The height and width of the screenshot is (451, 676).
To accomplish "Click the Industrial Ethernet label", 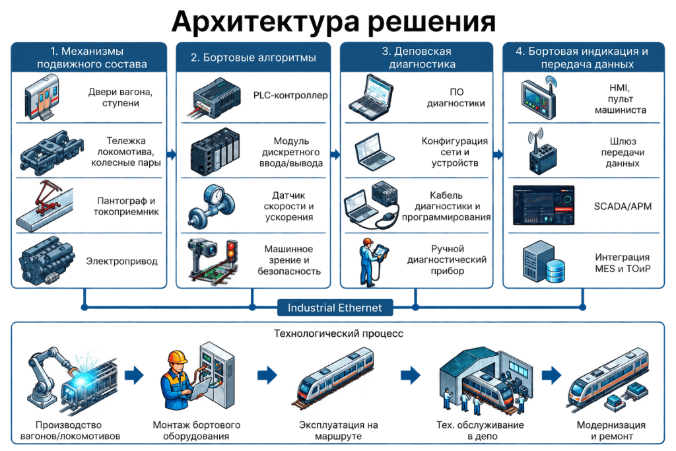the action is click(335, 308).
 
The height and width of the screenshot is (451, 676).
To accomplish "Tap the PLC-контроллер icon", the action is click(214, 98).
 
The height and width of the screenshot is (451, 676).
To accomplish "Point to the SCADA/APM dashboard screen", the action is click(544, 205).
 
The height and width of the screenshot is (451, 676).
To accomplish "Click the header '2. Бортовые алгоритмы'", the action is click(253, 57).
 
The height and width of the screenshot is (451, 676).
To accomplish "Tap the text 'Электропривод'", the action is click(121, 261).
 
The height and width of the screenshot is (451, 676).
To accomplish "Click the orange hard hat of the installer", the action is click(177, 357).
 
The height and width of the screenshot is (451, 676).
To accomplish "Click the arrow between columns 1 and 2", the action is click(172, 155).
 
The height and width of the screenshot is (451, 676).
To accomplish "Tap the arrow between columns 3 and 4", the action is click(498, 155).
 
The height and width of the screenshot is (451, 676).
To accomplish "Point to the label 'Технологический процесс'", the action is click(339, 333).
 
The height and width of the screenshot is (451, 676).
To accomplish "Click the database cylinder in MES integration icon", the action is click(555, 271).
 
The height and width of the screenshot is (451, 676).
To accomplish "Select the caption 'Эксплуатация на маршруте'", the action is click(339, 431).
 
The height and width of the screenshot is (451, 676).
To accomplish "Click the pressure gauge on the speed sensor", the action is click(215, 196).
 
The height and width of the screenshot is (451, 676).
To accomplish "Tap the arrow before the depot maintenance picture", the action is click(410, 375).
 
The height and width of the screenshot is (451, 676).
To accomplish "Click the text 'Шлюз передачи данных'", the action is click(623, 152).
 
